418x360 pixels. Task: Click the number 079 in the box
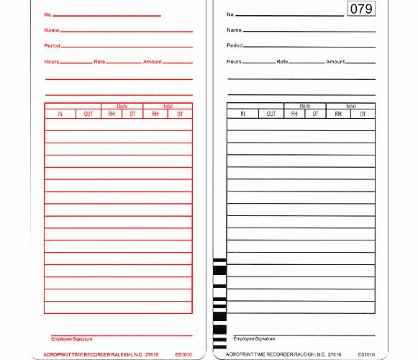[x=361, y=9]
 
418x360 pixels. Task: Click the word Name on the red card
[x=51, y=30]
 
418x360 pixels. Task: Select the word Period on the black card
[x=235, y=45]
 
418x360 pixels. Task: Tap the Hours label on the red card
[x=51, y=61]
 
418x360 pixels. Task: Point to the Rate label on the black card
[x=282, y=62]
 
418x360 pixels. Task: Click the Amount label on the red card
[x=152, y=61]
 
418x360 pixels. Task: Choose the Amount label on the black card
[x=335, y=62]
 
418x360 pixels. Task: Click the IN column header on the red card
[x=60, y=114]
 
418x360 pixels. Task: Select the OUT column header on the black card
[x=271, y=114]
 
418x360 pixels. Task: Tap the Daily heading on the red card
[x=122, y=106]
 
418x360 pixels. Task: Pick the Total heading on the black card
[x=350, y=106]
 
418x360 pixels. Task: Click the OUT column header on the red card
[x=88, y=114]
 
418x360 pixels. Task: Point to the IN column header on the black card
[x=242, y=114]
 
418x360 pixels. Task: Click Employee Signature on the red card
[x=72, y=338]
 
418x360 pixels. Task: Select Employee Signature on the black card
[x=254, y=338]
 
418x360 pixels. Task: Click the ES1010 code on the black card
[x=366, y=354]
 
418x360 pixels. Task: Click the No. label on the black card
[x=230, y=14]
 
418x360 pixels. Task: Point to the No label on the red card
[x=47, y=14]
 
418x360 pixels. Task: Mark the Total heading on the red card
[x=168, y=106]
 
